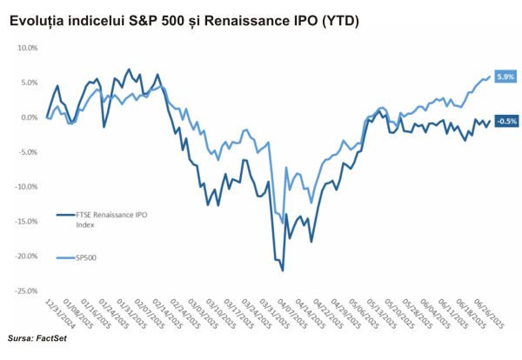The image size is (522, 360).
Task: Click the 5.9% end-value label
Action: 506,77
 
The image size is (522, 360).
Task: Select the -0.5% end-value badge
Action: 506,121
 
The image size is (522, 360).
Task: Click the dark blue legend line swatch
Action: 65,214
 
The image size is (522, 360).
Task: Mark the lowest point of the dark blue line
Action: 283,271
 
